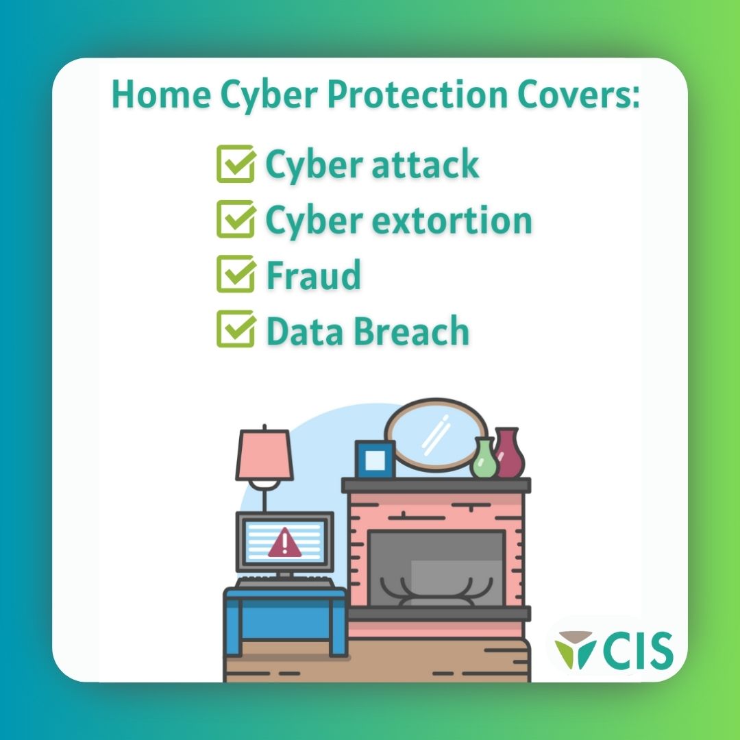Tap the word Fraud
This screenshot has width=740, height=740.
313,275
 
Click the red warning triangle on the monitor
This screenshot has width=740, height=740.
284,544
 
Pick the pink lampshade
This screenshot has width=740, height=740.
264,454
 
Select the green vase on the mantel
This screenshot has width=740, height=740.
484,459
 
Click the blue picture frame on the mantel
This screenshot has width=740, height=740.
375,459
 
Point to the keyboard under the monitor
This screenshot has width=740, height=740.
285,582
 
